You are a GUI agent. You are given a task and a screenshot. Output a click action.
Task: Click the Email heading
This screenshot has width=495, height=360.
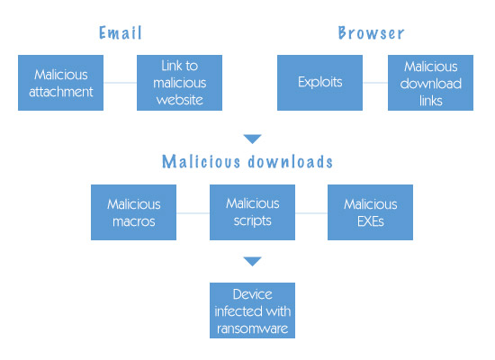(x=120, y=33)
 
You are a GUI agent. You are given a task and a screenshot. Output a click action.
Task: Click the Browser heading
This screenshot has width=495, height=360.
(x=371, y=33)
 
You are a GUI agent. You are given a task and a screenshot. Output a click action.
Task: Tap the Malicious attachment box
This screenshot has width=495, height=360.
(x=60, y=83)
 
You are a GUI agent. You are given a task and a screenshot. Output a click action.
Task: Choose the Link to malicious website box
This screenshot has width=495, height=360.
(x=179, y=83)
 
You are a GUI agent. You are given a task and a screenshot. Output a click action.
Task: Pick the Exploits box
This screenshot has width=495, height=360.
(x=319, y=83)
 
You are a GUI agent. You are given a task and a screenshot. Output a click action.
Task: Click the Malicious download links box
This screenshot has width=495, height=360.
(x=431, y=83)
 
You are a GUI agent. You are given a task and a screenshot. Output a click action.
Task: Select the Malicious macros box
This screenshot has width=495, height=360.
(x=133, y=212)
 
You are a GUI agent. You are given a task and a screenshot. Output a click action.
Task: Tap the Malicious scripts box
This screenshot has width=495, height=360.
(x=252, y=212)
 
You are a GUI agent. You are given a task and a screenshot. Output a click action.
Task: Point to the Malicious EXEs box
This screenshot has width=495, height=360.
(x=370, y=212)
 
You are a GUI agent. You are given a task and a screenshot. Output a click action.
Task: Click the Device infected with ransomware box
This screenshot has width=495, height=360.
(x=252, y=310)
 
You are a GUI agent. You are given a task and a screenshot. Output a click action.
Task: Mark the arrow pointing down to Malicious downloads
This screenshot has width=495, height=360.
(x=252, y=139)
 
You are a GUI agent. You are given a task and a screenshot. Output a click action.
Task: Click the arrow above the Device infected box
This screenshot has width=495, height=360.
(x=252, y=261)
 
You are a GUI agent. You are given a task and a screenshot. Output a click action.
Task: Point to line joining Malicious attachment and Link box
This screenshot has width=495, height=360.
(x=120, y=83)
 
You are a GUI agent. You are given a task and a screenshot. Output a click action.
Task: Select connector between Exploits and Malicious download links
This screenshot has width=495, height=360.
(x=375, y=83)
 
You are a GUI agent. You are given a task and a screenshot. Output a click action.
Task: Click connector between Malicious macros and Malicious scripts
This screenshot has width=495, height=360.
(x=193, y=213)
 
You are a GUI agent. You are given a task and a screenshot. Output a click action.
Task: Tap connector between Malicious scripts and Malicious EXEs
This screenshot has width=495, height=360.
(x=311, y=213)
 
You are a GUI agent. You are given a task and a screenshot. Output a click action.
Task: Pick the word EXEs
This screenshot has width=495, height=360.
(x=370, y=220)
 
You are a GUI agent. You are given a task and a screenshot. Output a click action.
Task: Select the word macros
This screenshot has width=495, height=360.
(x=133, y=220)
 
